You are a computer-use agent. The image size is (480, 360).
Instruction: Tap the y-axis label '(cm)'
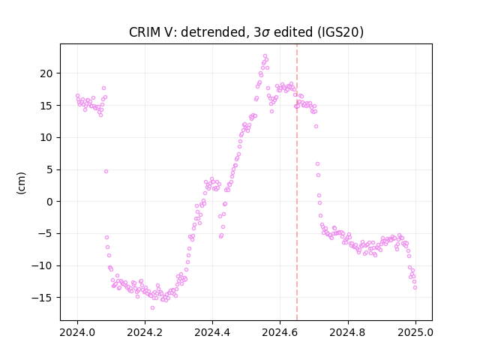21,183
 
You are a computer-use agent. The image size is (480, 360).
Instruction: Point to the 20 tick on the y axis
46,73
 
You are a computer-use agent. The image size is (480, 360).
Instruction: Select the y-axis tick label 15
46,106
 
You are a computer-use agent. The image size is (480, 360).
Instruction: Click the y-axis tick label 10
46,137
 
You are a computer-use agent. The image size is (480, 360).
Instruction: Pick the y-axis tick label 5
49,169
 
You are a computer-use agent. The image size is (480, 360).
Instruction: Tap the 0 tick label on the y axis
49,202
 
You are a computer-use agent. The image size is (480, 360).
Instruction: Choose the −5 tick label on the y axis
45,233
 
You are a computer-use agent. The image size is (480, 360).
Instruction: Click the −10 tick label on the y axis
42,265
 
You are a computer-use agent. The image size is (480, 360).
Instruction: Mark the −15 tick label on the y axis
42,298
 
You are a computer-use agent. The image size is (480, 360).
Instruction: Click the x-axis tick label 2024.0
77,332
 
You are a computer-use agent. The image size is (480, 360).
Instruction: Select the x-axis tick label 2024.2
145,332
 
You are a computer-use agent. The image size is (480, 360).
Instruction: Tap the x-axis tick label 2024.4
212,332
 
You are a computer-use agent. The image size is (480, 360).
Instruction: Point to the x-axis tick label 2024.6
280,332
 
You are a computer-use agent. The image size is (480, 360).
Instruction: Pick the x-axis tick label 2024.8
348,332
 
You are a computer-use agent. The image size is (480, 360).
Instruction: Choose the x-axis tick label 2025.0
415,332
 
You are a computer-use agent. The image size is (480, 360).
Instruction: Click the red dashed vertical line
297,182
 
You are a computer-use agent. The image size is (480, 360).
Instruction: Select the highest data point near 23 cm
265,56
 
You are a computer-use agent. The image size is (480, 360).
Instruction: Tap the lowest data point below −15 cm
152,307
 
